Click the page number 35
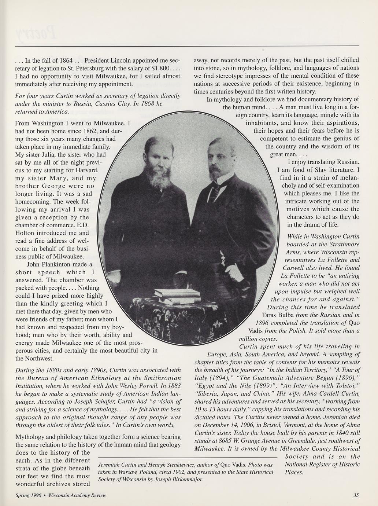(356, 495)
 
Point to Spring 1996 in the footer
(28, 495)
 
